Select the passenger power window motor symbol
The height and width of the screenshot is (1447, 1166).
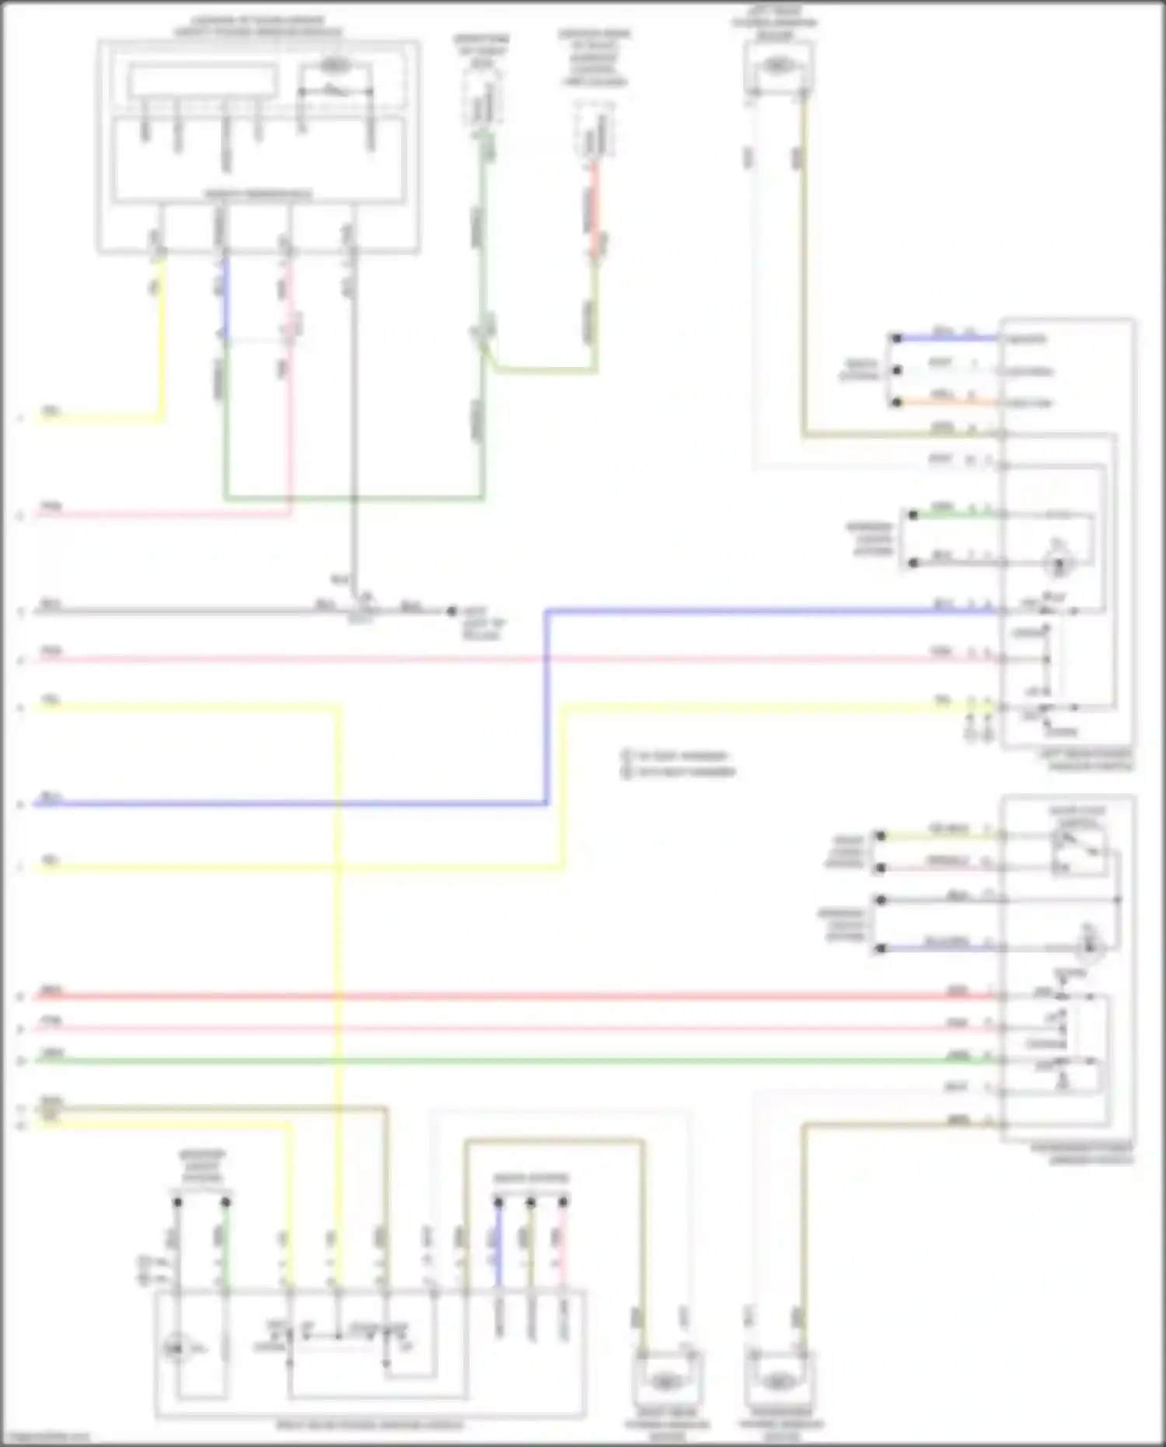click(x=776, y=1381)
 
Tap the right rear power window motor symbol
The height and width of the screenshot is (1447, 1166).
click(x=665, y=1381)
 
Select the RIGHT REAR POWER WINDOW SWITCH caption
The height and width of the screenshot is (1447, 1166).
click(x=370, y=1425)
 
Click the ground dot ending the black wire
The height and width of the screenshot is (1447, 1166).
click(x=451, y=611)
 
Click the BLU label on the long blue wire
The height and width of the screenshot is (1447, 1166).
click(x=51, y=798)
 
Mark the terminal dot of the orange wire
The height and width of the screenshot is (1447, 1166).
click(x=896, y=402)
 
